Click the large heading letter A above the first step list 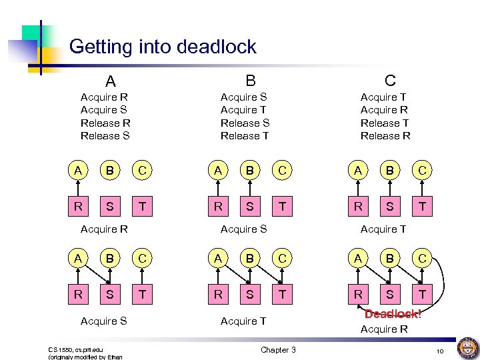(110, 81)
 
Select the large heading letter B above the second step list (250, 81)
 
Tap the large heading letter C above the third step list (390, 81)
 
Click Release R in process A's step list (105, 123)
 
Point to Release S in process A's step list (105, 136)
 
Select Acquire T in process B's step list (244, 110)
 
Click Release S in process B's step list (245, 123)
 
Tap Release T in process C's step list (385, 123)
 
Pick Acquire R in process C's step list (384, 110)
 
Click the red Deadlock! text (393, 314)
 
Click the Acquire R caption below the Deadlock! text (384, 329)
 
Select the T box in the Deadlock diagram (421, 294)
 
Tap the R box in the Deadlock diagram (359, 294)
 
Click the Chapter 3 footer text (278, 350)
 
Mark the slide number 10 (440, 351)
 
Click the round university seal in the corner (466, 347)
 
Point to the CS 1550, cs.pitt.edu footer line (75, 349)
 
